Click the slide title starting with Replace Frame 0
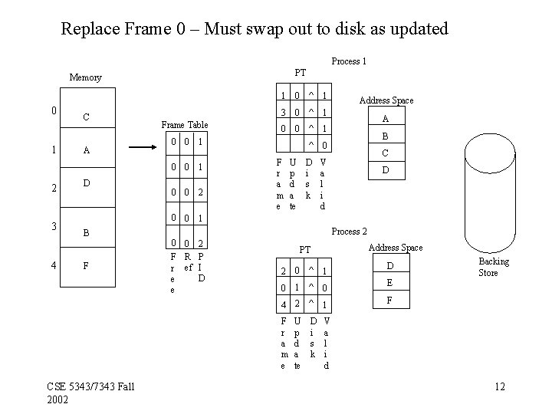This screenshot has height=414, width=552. coord(254,29)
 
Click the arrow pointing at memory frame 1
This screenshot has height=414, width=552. coord(143,146)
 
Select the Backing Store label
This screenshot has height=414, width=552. coord(493,268)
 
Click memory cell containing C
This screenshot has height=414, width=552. coord(86,117)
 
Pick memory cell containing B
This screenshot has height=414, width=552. coord(86,232)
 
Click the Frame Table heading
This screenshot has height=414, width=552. coord(184,124)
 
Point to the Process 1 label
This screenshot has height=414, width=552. coord(349,61)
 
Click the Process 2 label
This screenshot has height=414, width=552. coord(349,231)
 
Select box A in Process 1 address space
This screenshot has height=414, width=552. coord(386,119)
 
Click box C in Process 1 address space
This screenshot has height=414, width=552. coord(386,153)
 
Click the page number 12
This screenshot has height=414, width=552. coord(499,386)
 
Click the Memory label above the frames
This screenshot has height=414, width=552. coord(85,77)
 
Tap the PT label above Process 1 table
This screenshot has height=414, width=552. coord(301,73)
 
